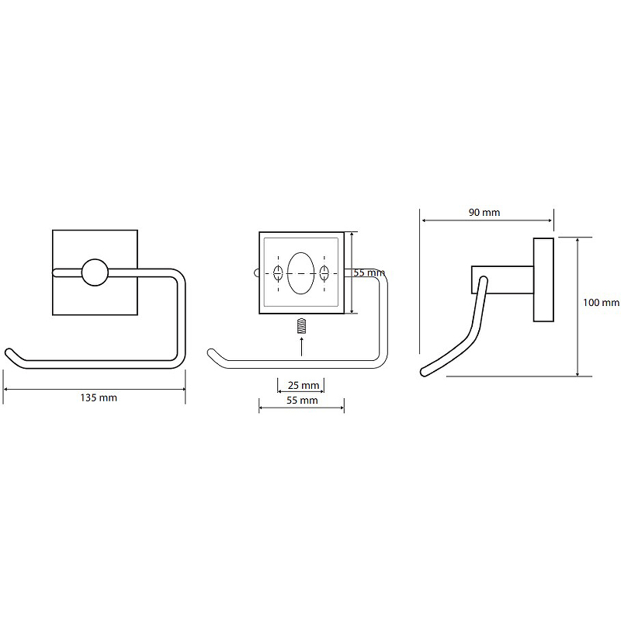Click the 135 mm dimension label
pyautogui.click(x=99, y=397)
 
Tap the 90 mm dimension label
pyautogui.click(x=484, y=212)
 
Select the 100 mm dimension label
pyautogui.click(x=601, y=303)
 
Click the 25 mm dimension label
pyautogui.click(x=304, y=385)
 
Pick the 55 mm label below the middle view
pyautogui.click(x=302, y=401)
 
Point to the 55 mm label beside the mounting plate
pyautogui.click(x=369, y=272)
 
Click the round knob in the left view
pyautogui.click(x=95, y=272)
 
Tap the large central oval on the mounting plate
pyautogui.click(x=301, y=273)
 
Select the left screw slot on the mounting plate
pyautogui.click(x=278, y=273)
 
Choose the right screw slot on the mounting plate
pyautogui.click(x=324, y=273)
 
